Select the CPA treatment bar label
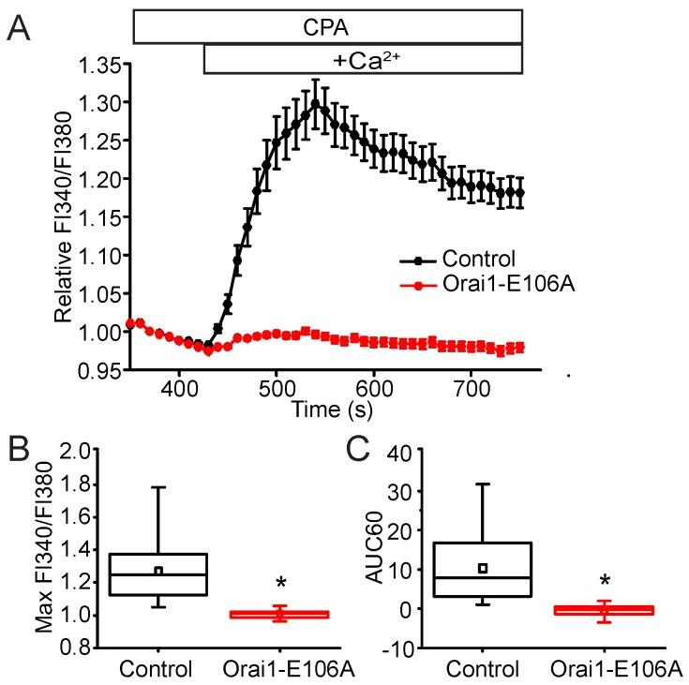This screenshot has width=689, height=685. [327, 26]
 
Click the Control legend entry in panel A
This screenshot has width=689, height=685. [453, 257]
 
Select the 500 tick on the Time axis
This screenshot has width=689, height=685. [276, 387]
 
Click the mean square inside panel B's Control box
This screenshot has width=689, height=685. [158, 571]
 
